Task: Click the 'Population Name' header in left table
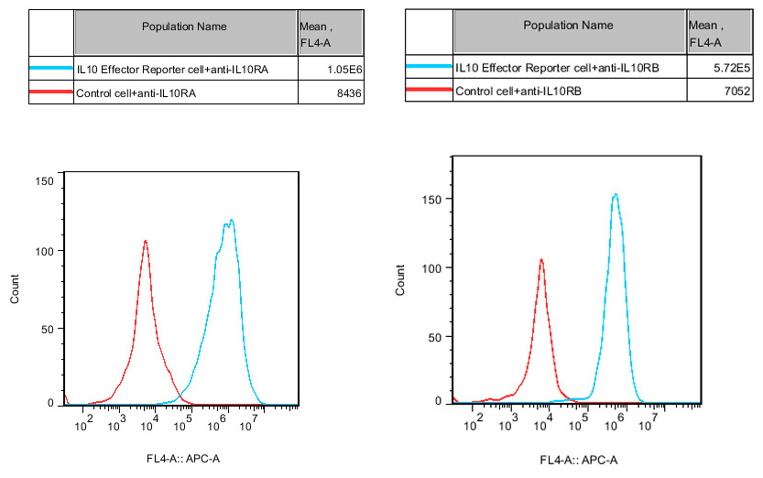pyautogui.click(x=186, y=27)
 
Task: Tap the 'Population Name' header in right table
pyautogui.click(x=568, y=25)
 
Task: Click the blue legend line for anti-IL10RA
pyautogui.click(x=50, y=69)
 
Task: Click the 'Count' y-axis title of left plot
pyautogui.click(x=14, y=289)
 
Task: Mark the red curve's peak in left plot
pyautogui.click(x=146, y=241)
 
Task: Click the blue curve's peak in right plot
pyautogui.click(x=616, y=194)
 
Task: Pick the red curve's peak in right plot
pyautogui.click(x=541, y=259)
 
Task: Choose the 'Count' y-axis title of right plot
pyautogui.click(x=399, y=280)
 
